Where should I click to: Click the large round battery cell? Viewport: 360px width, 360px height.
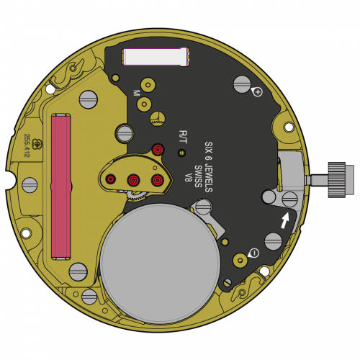(x=160, y=264)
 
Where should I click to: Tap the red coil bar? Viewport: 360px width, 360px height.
(x=61, y=186)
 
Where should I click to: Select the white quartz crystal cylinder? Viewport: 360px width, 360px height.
(x=156, y=57)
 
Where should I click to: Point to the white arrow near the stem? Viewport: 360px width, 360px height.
(x=285, y=220)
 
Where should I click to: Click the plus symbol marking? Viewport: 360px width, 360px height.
(x=258, y=92)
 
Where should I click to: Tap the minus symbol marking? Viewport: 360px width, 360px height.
(x=255, y=253)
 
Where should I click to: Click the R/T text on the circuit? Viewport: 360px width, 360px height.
(x=183, y=137)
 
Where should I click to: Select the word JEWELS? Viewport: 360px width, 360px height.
(x=208, y=179)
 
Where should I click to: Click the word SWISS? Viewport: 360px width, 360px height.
(x=198, y=176)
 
